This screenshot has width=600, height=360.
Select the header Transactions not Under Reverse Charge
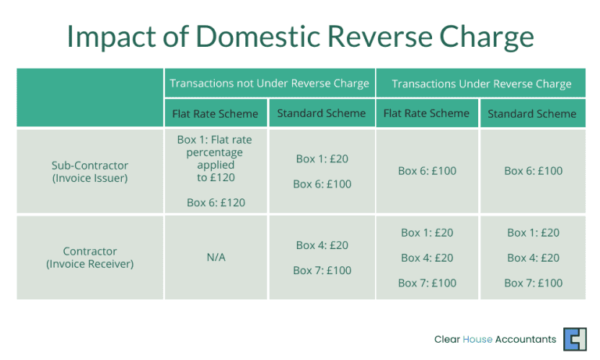(270, 84)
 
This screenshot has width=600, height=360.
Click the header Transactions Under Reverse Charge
(481, 84)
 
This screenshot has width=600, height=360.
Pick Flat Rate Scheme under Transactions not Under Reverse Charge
(215, 114)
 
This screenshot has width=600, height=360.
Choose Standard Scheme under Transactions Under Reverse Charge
(532, 114)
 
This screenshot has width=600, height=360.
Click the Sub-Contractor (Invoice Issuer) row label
(90, 171)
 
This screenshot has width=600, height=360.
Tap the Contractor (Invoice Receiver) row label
(90, 257)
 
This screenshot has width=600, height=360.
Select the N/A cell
(215, 258)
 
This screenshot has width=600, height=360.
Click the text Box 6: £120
(215, 202)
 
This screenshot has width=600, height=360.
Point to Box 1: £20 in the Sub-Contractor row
(322, 159)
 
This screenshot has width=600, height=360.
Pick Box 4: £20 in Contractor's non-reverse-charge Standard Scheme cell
(322, 245)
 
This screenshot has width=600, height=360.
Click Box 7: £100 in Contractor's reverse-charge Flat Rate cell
(427, 283)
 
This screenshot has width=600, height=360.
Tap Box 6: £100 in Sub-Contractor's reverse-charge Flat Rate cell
(427, 171)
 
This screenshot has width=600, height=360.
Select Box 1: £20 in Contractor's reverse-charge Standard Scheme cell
(533, 233)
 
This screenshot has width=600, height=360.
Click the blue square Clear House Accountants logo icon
(574, 339)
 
